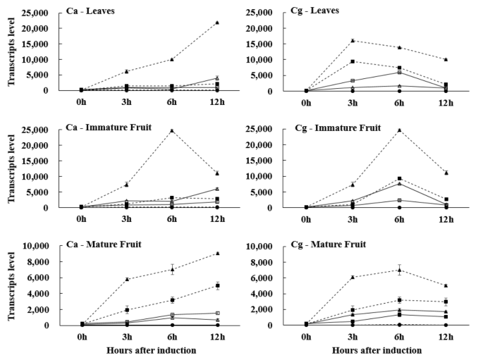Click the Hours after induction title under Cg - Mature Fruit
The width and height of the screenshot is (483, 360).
click(374, 350)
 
